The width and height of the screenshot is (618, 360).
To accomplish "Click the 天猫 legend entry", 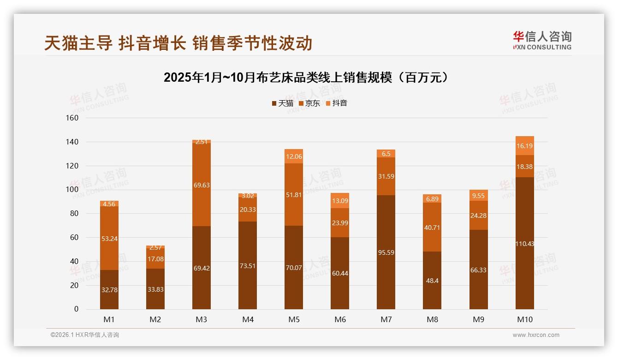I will (282, 103).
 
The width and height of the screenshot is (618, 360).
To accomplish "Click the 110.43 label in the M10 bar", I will (525, 244).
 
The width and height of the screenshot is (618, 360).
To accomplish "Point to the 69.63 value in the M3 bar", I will (202, 185).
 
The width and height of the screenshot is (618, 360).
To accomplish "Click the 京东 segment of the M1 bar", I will (109, 238).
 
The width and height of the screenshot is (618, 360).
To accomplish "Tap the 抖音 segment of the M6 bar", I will (340, 201).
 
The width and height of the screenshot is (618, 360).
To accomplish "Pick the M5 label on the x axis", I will (294, 319).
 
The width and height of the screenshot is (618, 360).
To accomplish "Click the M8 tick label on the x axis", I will (432, 319).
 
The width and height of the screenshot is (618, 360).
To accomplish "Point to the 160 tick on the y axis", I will (72, 118).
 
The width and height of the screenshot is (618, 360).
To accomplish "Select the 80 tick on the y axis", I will (74, 214).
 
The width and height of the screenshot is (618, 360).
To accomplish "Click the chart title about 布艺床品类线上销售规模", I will (306, 78).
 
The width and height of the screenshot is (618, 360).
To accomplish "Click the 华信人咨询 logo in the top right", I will (542, 40).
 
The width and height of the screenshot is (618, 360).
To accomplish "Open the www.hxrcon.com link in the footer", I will (536, 335).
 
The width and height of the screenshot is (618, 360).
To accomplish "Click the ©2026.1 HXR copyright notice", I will (84, 335).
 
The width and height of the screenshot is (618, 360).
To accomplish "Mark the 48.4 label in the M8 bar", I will (432, 281).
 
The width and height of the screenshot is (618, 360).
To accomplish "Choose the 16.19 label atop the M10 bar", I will (525, 146).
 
